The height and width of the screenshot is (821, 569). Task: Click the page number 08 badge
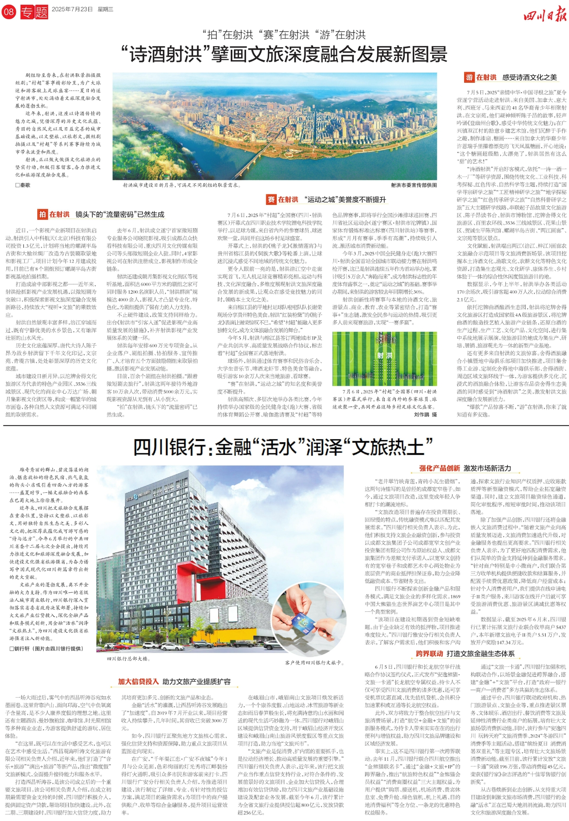point(9,12)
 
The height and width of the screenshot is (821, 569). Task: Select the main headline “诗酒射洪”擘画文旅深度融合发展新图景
point(284,55)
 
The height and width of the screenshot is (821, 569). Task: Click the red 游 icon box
point(469,78)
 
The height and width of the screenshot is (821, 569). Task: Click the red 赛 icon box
point(271,199)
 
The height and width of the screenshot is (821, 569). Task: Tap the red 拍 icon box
point(42,214)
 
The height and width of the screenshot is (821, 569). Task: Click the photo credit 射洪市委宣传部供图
point(414,185)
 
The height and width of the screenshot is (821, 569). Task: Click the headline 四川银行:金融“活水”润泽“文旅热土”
point(284,447)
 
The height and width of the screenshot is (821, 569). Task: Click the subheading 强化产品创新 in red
point(439,468)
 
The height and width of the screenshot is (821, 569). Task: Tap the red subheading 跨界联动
point(430,654)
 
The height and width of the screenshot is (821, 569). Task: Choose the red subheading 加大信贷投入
point(139,682)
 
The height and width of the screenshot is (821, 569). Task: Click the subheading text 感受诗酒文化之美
point(529,78)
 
